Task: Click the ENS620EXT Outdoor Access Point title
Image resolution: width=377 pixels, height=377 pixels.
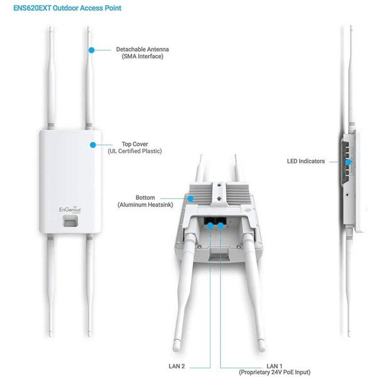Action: click(x=67, y=8)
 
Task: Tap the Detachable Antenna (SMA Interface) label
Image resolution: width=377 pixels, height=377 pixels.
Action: click(x=143, y=53)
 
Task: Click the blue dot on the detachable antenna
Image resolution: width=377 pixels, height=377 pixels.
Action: click(x=91, y=50)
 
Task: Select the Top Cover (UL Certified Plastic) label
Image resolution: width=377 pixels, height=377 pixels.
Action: click(x=134, y=148)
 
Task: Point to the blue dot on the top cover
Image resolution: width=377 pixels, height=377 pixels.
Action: click(x=93, y=145)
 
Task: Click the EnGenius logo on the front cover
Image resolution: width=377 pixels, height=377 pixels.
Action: click(x=70, y=209)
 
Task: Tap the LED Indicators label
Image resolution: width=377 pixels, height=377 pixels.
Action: click(x=306, y=161)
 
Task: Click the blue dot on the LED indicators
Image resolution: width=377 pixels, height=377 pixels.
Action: click(x=348, y=162)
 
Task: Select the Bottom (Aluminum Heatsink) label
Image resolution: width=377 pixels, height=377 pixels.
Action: click(x=145, y=201)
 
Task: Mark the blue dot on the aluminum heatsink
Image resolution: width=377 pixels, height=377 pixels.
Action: click(x=190, y=199)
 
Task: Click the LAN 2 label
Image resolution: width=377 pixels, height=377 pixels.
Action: click(x=177, y=366)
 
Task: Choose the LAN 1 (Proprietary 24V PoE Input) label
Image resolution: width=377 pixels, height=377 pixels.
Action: click(x=275, y=369)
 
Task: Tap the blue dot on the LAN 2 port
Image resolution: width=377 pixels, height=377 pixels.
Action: click(x=210, y=226)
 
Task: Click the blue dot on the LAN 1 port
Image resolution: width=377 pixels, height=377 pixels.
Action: click(x=221, y=226)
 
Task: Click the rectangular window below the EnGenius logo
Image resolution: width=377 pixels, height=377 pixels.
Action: click(x=70, y=221)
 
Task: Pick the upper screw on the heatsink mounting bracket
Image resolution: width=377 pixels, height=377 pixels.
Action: click(x=219, y=185)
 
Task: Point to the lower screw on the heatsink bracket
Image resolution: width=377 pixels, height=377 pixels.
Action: click(x=219, y=199)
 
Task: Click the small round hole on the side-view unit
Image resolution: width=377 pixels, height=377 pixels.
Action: click(x=347, y=194)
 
